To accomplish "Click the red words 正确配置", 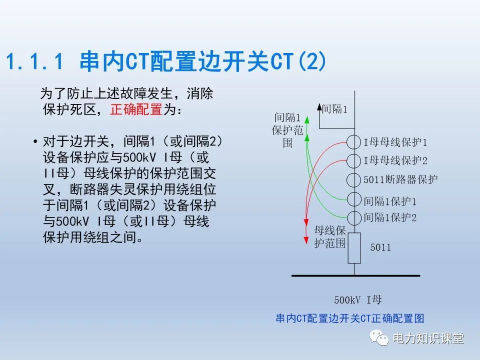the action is click(x=136, y=109).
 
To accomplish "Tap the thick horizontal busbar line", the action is click(x=355, y=276).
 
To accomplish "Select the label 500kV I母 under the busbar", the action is click(x=358, y=299).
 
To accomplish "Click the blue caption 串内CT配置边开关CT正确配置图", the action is click(x=350, y=318).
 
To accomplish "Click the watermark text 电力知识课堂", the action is click(x=428, y=338).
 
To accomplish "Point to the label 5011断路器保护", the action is click(x=400, y=179).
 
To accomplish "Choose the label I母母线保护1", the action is click(x=395, y=142).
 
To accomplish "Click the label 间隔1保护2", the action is click(x=390, y=217).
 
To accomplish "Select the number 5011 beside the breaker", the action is click(x=380, y=247).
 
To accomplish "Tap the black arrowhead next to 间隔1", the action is click(x=319, y=107).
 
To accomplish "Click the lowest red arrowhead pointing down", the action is click(x=306, y=240).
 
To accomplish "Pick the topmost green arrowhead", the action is click(x=307, y=120).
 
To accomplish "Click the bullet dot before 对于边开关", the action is click(x=35, y=141).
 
